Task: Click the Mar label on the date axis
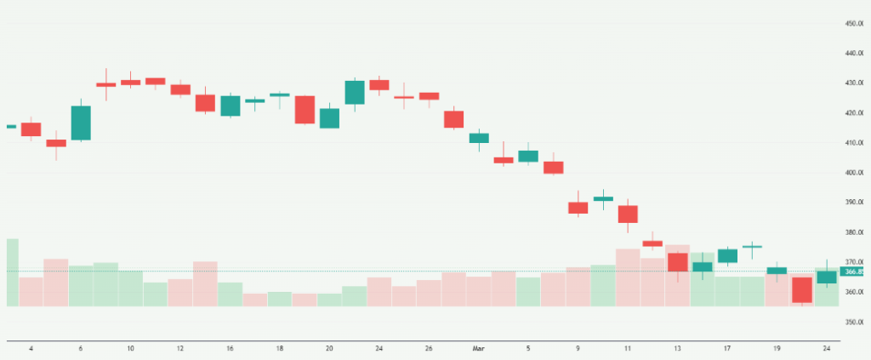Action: [x=477, y=348]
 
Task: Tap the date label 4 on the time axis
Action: [x=31, y=348]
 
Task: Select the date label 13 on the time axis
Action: [x=677, y=348]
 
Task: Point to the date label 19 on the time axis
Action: [x=776, y=348]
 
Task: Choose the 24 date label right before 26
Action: [x=379, y=348]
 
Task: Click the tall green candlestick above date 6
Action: [x=81, y=123]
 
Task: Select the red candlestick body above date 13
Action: [x=678, y=262]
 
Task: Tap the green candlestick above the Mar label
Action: [x=479, y=137]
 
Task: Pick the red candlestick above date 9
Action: [x=578, y=208]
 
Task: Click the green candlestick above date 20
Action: [x=329, y=117]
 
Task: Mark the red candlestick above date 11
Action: [x=628, y=214]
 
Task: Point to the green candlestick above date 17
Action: [x=727, y=255]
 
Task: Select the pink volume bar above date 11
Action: [x=628, y=277]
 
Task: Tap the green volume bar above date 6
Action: [x=81, y=286]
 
